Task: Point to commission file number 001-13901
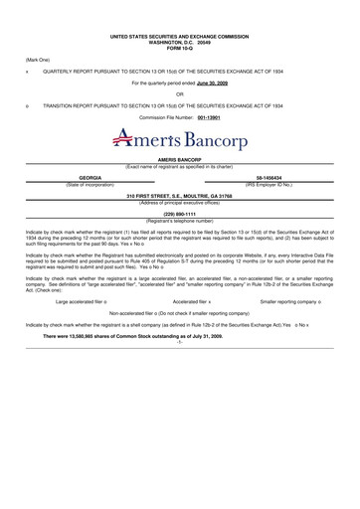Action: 210,117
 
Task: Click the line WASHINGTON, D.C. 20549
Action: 180,45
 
